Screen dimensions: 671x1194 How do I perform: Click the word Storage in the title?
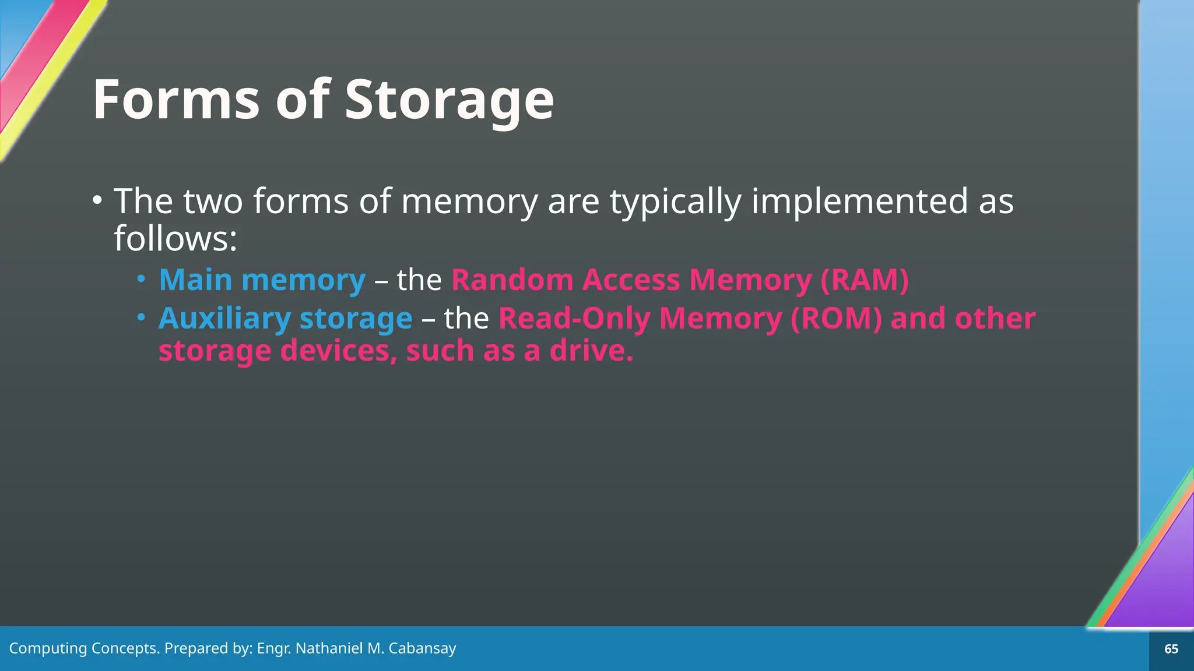click(449, 100)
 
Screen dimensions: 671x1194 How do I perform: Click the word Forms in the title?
click(176, 100)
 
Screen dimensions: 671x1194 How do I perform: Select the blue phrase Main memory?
click(262, 280)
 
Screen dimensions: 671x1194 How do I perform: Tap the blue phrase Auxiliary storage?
click(285, 319)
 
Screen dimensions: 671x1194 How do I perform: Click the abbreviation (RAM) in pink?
click(864, 280)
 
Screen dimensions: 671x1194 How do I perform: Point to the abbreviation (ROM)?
click(836, 319)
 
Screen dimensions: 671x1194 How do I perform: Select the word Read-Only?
click(574, 319)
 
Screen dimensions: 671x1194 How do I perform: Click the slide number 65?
click(1171, 649)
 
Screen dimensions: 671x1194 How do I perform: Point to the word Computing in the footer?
click(48, 648)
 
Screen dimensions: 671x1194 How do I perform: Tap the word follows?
click(175, 239)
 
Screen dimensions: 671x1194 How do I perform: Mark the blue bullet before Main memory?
click(141, 279)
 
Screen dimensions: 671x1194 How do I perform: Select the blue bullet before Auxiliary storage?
click(141, 317)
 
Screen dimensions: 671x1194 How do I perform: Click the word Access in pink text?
click(631, 280)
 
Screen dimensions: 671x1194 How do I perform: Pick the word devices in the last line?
click(339, 351)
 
